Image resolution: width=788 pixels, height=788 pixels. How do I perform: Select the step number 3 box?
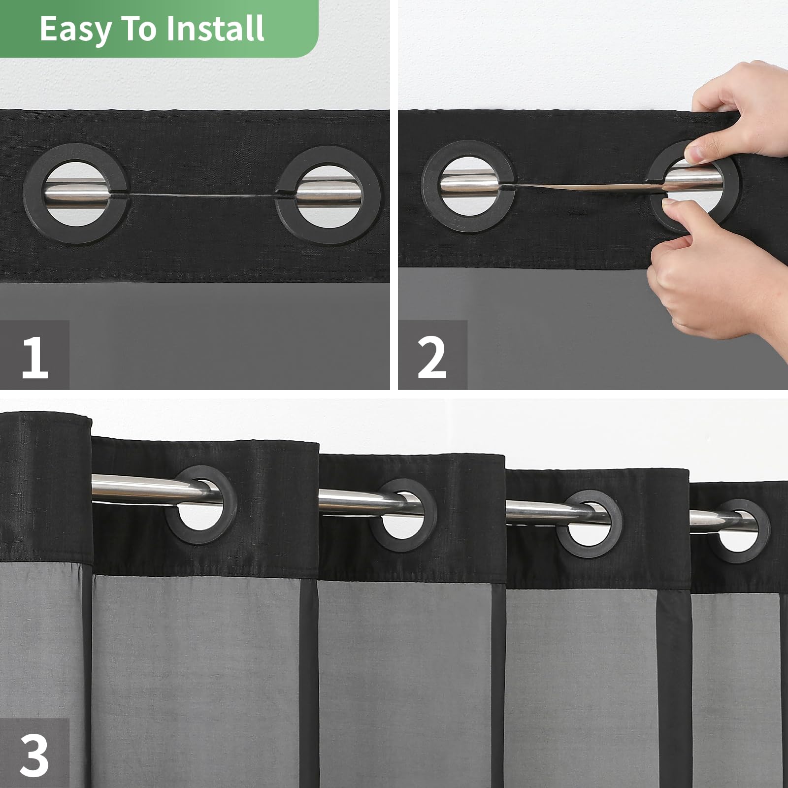34,754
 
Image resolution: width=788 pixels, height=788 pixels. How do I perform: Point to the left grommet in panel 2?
431,187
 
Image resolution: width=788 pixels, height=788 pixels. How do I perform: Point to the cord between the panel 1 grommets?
202,196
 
